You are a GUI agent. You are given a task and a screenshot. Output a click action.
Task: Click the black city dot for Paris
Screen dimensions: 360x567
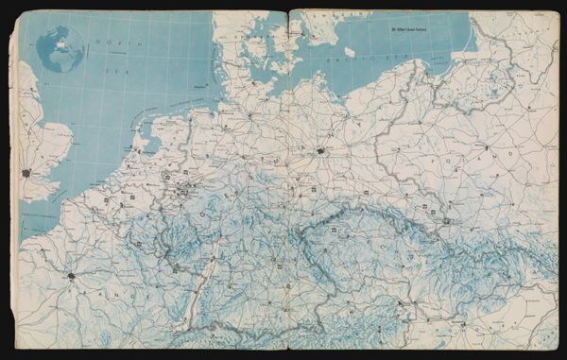coord(71,276)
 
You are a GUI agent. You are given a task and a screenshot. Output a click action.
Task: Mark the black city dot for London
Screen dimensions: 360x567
coord(27,174)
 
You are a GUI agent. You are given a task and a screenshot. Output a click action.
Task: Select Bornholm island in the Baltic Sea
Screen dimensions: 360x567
coord(349,51)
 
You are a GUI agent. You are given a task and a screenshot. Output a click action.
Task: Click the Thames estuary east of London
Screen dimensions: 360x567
coord(47,175)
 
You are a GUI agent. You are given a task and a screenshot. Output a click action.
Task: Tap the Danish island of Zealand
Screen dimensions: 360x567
coord(288,43)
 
